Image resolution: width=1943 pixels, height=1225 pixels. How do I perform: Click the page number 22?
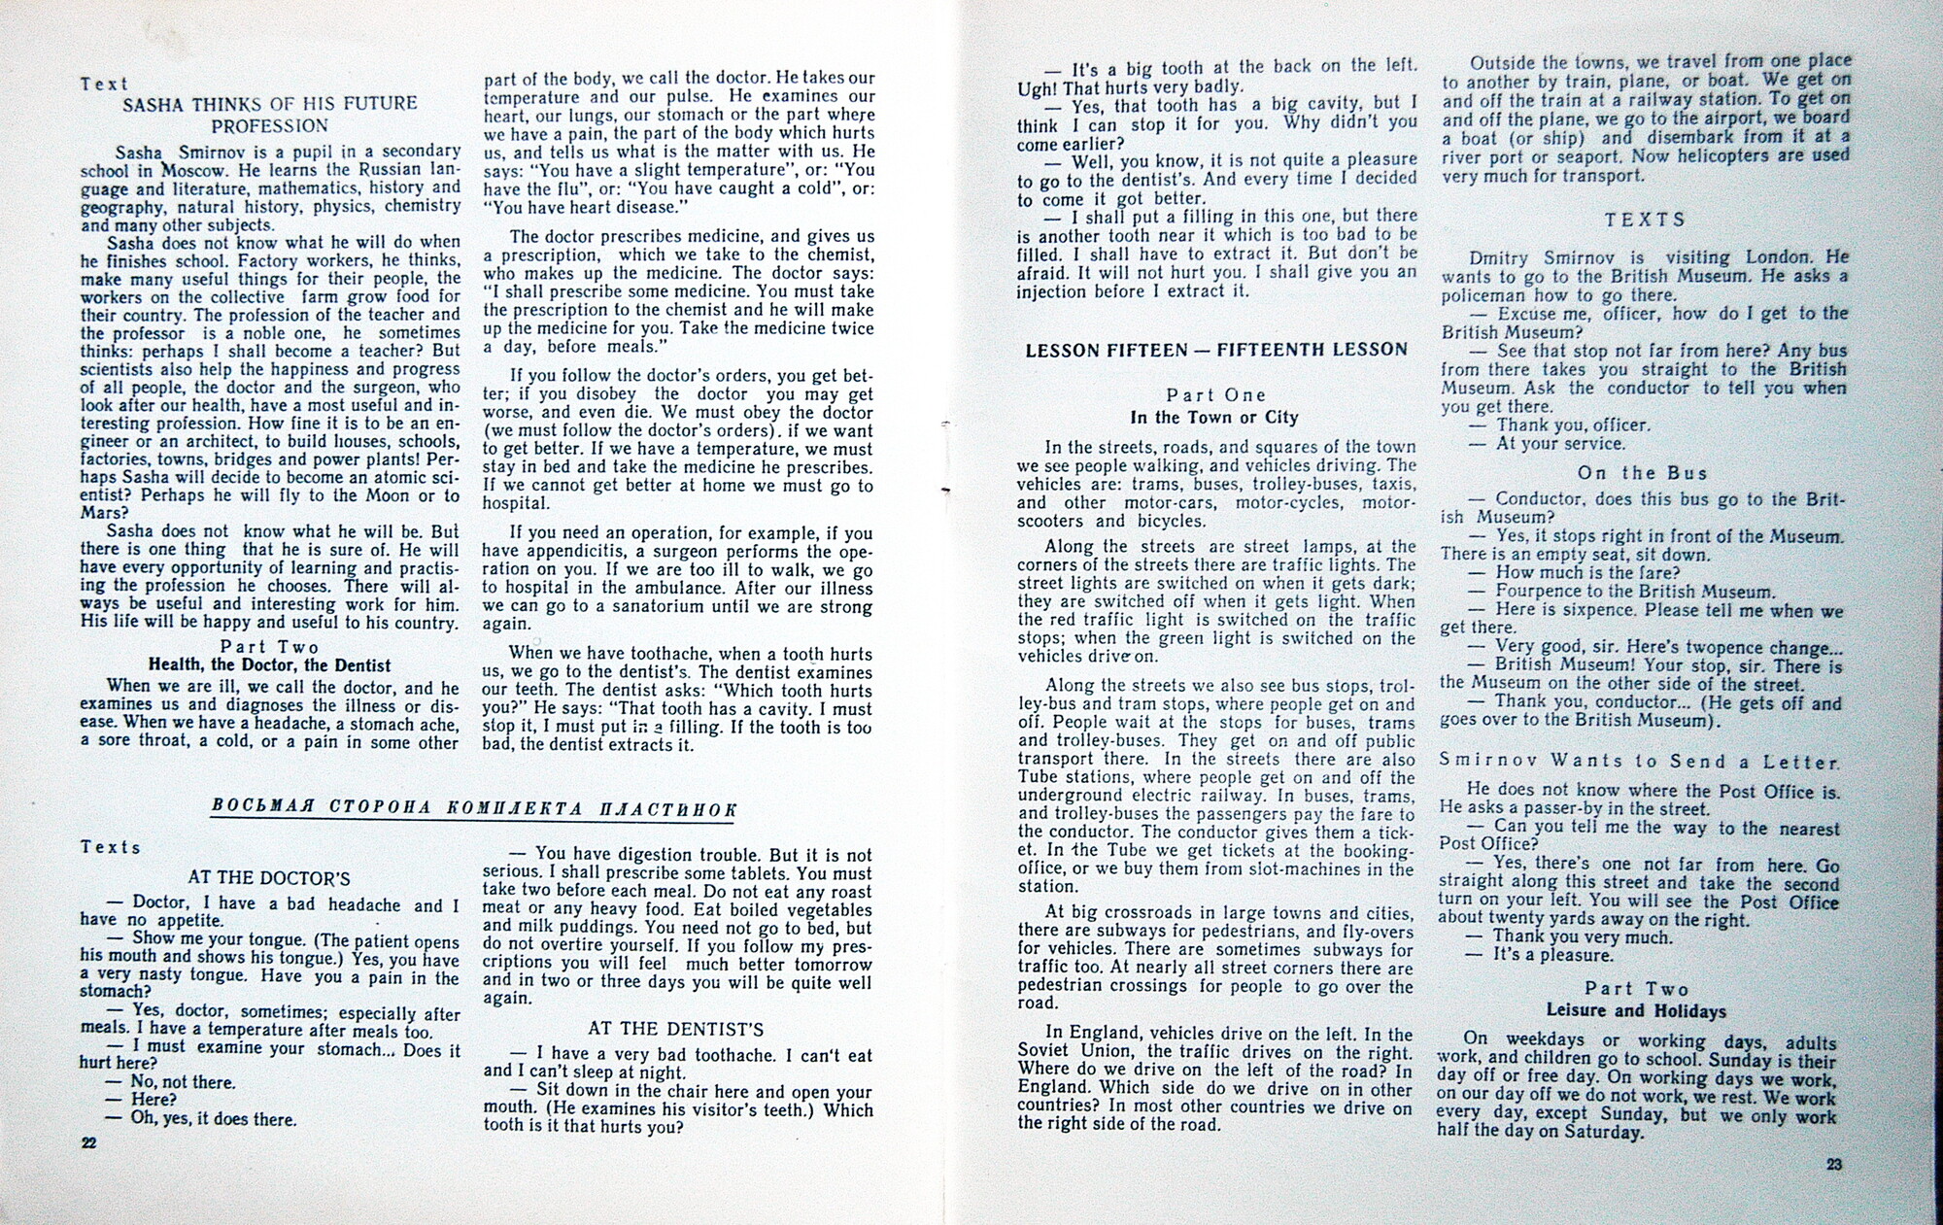tap(88, 1143)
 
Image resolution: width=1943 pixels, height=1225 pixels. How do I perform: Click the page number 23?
tap(1833, 1165)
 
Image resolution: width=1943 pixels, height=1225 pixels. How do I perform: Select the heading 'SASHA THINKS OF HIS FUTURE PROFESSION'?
tap(270, 114)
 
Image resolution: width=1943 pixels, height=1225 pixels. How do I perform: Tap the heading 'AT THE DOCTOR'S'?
tap(269, 878)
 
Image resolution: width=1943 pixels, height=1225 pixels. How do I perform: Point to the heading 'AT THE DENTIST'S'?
tap(675, 1029)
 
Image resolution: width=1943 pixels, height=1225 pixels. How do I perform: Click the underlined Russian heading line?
tap(474, 810)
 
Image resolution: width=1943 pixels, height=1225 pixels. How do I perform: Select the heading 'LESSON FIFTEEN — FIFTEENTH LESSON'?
tap(1216, 350)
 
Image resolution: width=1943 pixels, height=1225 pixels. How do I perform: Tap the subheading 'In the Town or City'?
tap(1214, 418)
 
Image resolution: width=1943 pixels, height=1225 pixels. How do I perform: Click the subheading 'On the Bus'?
tap(1641, 473)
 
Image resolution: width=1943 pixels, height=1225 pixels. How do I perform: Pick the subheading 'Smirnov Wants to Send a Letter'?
tap(1640, 762)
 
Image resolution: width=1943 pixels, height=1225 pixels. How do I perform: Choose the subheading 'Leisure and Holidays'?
tap(1636, 1011)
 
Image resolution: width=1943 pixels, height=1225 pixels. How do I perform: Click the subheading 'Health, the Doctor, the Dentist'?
tap(269, 665)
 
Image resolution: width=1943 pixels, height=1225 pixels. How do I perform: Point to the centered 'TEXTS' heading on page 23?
tap(1645, 220)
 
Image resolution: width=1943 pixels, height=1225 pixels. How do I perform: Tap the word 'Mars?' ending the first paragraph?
tap(105, 513)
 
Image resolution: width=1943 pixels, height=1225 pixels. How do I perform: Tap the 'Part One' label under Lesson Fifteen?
tap(1216, 394)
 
